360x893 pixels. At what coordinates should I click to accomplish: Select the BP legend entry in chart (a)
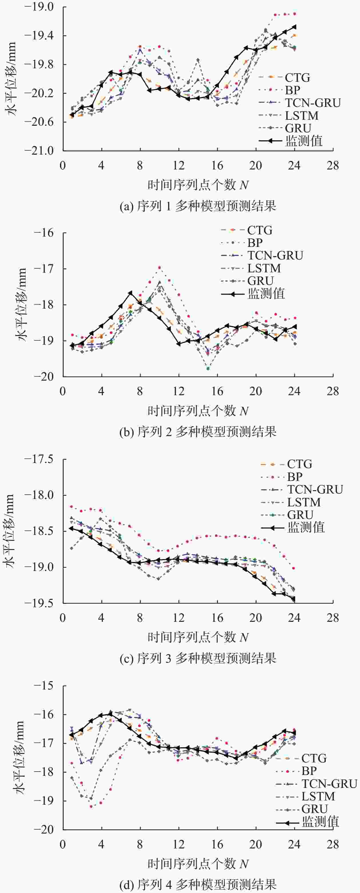(292, 90)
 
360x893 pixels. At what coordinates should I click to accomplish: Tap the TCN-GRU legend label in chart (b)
(275, 255)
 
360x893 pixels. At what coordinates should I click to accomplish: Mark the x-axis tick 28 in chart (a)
(333, 166)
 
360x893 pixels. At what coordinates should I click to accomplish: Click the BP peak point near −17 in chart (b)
(160, 267)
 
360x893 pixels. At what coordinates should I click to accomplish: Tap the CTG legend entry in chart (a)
(297, 78)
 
